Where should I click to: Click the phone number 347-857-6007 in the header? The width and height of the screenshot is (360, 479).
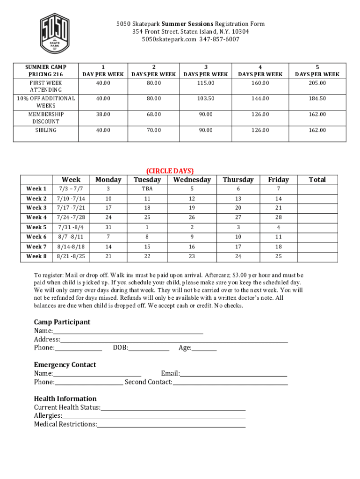(x=219, y=39)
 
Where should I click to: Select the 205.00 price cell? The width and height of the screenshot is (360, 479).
(x=317, y=83)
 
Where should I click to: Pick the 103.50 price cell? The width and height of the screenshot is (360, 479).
(x=205, y=99)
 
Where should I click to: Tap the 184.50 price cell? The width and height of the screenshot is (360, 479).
(x=317, y=99)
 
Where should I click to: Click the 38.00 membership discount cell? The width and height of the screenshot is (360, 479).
(x=103, y=114)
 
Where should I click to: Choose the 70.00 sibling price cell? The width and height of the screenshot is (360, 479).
(x=154, y=130)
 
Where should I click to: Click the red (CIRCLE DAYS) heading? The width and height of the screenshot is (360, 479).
(x=170, y=171)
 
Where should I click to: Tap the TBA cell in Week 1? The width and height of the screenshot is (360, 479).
(x=147, y=189)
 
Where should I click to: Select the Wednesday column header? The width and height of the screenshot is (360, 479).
(x=192, y=180)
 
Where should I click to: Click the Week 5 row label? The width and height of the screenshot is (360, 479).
(x=36, y=227)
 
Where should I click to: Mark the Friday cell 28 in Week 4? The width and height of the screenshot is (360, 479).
(x=278, y=217)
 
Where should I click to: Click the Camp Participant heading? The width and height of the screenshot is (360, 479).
(x=62, y=322)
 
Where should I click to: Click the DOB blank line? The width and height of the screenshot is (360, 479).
(x=149, y=348)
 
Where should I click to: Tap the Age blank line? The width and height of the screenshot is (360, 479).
(x=204, y=348)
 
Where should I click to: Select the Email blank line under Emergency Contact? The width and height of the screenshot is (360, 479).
(x=233, y=374)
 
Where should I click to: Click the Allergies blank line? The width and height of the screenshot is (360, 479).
(x=154, y=416)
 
